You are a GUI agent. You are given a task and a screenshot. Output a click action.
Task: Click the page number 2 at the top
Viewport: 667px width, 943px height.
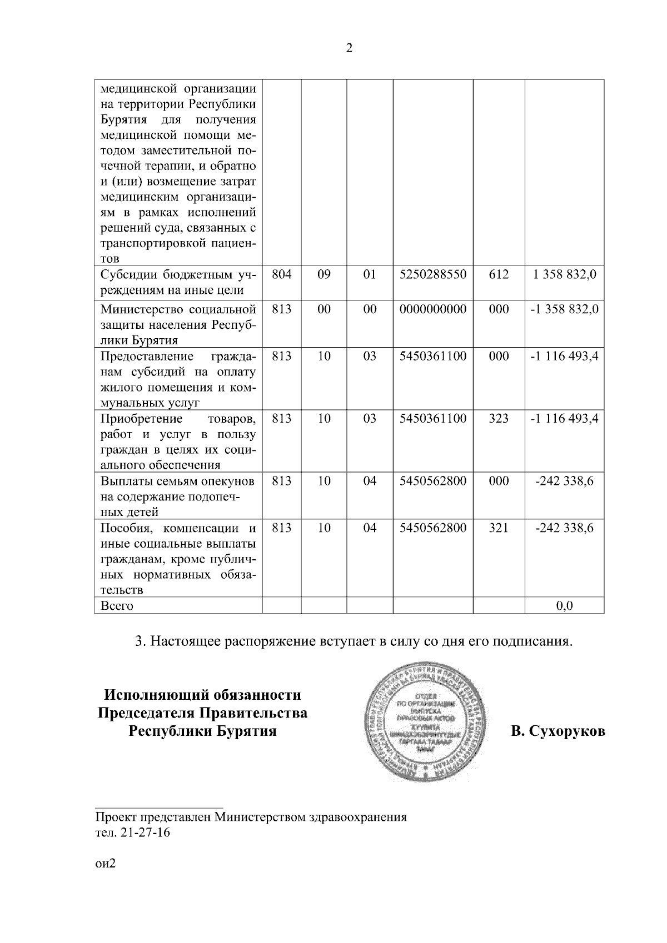(349, 48)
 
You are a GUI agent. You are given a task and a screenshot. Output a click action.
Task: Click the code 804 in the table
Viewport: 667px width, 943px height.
(282, 274)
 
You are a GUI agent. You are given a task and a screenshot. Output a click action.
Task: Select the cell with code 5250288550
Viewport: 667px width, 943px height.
(433, 274)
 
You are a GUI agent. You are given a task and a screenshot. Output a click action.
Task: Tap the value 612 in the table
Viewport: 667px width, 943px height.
(499, 274)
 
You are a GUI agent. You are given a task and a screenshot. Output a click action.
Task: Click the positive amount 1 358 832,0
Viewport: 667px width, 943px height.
(565, 274)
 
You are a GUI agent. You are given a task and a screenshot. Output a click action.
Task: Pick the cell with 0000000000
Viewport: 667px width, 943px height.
(433, 309)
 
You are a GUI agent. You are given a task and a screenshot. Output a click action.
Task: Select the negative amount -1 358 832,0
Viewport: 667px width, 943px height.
(565, 309)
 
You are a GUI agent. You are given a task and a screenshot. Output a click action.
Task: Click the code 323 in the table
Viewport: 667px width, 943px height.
(499, 418)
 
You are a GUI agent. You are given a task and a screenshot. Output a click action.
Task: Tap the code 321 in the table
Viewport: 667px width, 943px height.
(499, 528)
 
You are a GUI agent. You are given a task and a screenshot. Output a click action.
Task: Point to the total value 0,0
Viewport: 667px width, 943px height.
(565, 605)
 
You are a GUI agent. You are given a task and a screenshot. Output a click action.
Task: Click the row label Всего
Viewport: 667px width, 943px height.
(117, 605)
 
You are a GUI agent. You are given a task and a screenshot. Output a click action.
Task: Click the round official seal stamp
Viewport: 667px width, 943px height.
(431, 723)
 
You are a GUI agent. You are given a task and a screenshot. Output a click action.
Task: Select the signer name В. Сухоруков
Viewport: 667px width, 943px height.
(558, 731)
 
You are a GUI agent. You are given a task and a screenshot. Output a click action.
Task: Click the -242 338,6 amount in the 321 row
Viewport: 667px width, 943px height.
(565, 528)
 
